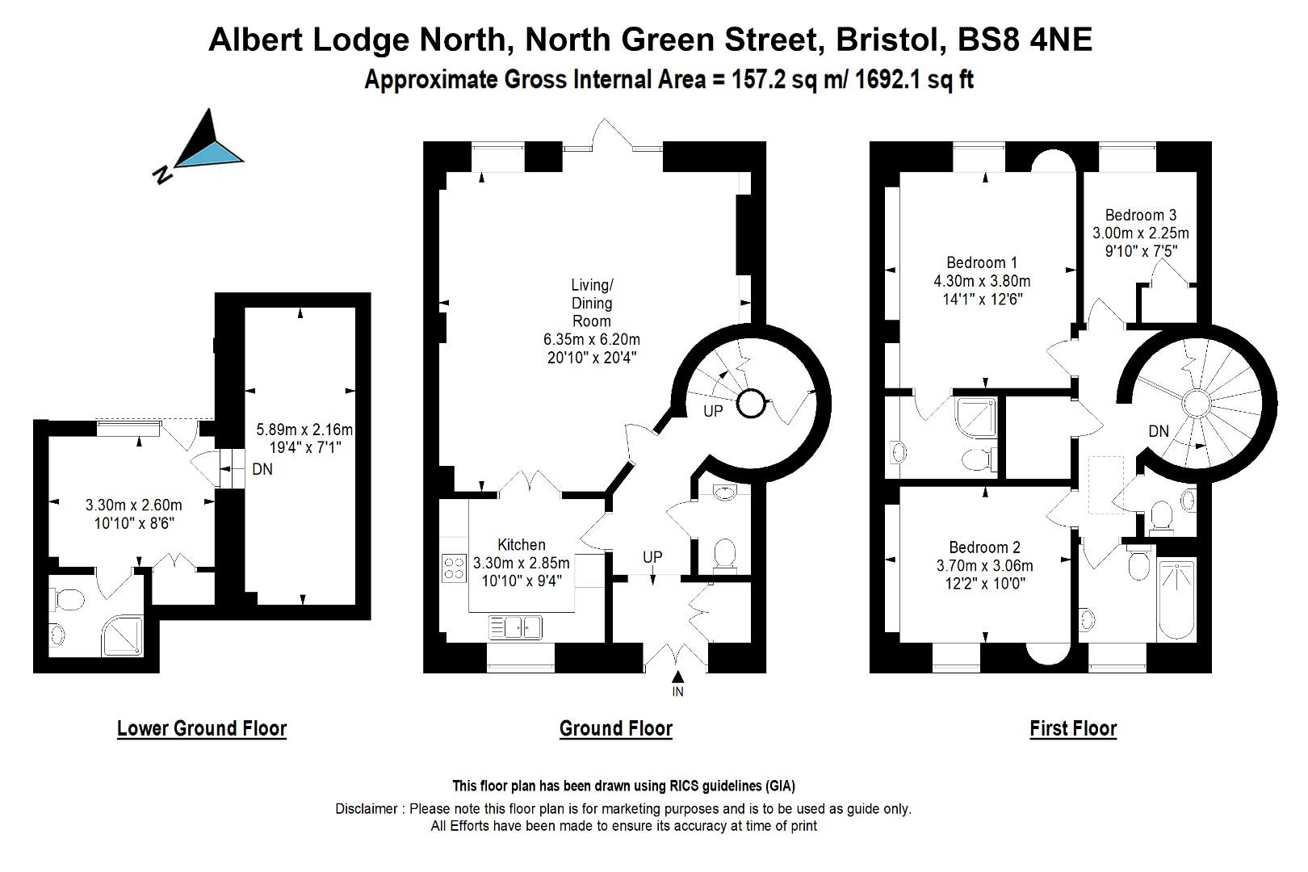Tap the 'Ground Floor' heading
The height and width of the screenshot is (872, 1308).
coord(615,728)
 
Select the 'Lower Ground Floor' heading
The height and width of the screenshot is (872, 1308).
coord(202,728)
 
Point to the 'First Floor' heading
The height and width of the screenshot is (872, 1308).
coord(1073,728)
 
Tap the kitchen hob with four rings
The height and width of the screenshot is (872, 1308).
coord(454,568)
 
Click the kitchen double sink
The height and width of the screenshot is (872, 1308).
coord(515,627)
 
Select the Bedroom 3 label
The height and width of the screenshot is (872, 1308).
coord(1140,215)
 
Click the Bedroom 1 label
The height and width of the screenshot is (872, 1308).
coord(981,262)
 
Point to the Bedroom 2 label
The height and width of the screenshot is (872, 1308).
coord(983,547)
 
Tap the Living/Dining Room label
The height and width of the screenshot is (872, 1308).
coord(592,303)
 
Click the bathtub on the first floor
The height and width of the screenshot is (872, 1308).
coord(1176,599)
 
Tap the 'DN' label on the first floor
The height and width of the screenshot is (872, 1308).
coord(1159,431)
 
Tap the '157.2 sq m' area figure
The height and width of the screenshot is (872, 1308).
coord(776,80)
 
